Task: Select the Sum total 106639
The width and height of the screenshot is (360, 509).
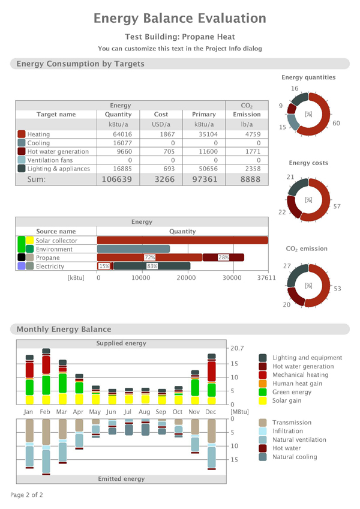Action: click(x=118, y=179)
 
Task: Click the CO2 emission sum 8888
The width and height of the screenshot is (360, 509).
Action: click(x=246, y=179)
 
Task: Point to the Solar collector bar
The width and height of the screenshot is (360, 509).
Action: click(x=182, y=241)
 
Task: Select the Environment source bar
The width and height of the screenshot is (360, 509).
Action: click(x=133, y=249)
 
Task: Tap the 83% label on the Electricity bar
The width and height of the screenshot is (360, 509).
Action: click(x=152, y=266)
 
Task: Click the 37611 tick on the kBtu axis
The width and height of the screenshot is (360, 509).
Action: click(x=266, y=278)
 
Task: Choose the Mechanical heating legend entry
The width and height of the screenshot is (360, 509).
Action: click(x=301, y=375)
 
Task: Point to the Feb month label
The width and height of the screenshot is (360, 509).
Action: click(x=46, y=412)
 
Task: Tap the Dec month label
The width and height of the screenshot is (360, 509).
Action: click(x=211, y=412)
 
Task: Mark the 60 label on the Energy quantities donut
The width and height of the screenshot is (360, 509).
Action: click(x=337, y=123)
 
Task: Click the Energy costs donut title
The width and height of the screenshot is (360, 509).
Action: click(x=308, y=163)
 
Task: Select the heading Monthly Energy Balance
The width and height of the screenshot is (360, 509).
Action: click(x=64, y=329)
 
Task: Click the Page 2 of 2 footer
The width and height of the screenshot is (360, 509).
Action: click(x=26, y=495)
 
